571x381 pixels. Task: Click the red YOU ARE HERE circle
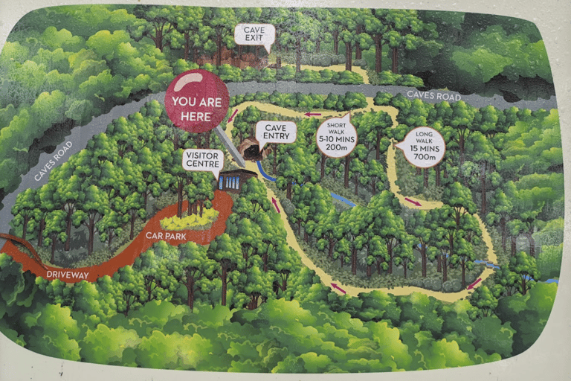[197, 101]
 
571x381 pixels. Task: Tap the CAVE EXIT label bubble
[254, 33]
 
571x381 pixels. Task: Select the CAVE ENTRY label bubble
[276, 132]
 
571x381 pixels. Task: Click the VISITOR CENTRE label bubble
[204, 159]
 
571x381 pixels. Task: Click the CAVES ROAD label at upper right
[433, 96]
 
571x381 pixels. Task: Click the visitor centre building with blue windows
[237, 181]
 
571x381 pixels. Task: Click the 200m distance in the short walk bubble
[337, 148]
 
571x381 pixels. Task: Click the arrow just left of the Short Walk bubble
[311, 114]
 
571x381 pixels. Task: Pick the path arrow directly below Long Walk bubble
[412, 201]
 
